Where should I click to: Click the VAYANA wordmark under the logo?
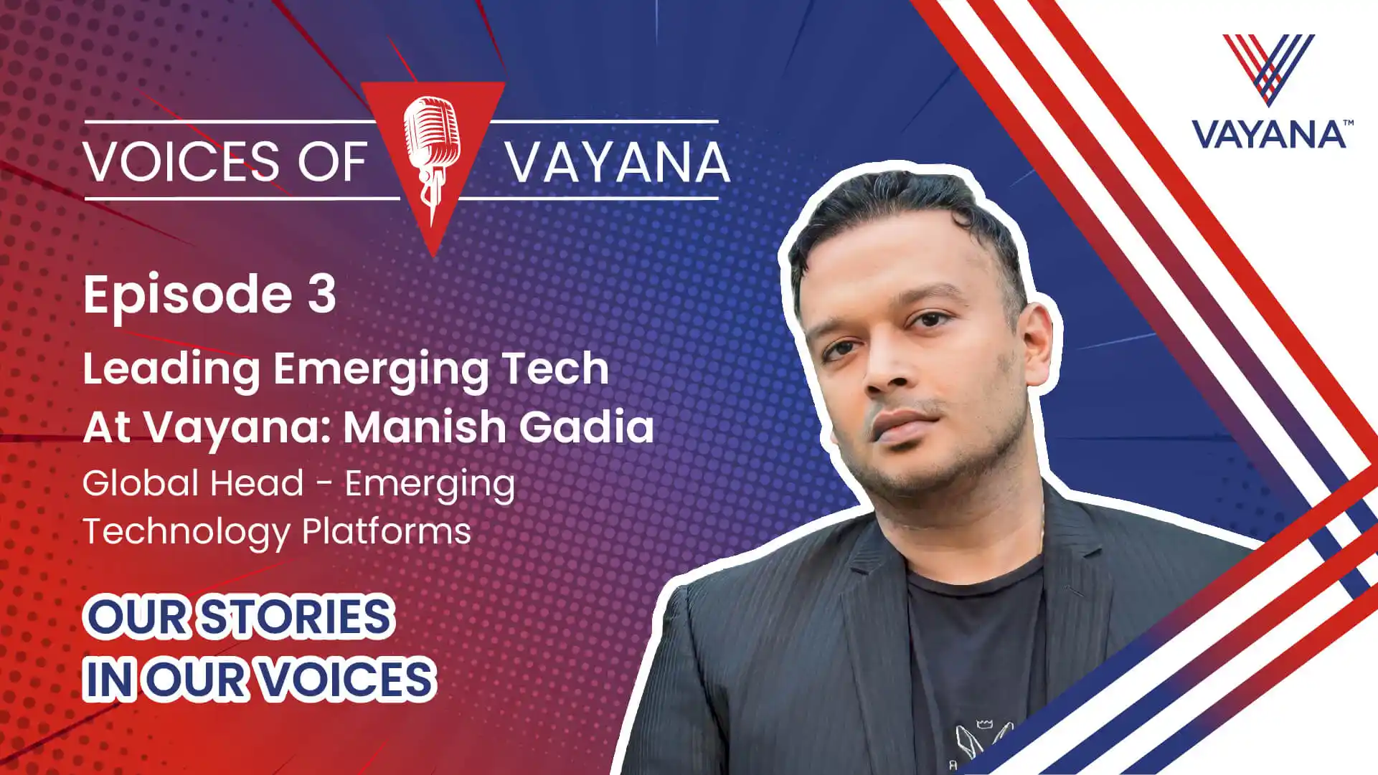point(1268,135)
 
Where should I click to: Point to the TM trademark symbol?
point(1349,123)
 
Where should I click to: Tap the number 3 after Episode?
point(322,294)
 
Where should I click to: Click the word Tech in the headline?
point(555,368)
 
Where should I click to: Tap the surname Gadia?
point(587,427)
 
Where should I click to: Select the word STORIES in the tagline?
point(296,617)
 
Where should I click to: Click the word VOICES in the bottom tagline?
point(346,679)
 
